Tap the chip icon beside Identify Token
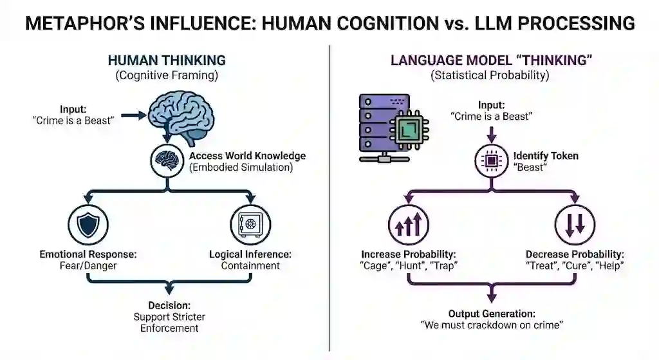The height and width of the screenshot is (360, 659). click(x=491, y=162)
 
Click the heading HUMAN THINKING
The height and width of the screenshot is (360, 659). click(x=167, y=61)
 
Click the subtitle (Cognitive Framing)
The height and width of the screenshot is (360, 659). click(x=166, y=76)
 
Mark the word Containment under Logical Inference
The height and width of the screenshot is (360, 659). click(x=250, y=265)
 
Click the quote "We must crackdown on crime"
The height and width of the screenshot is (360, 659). click(x=491, y=325)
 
